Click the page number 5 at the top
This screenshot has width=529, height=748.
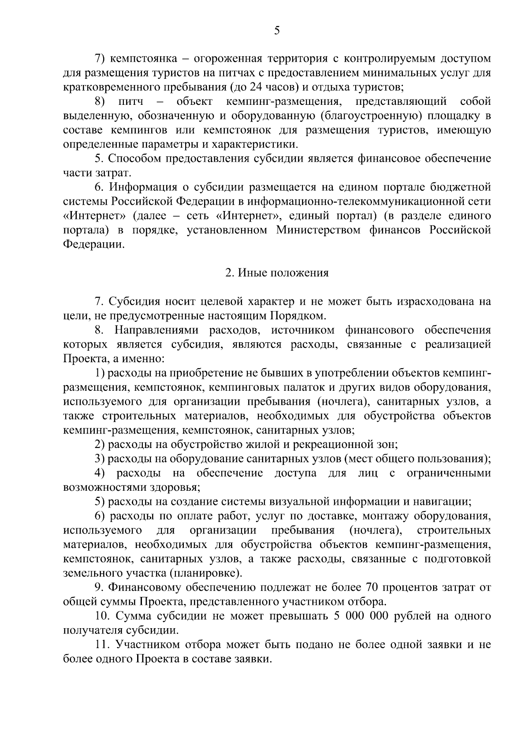coord(277,30)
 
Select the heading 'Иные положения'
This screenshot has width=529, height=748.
coord(283,273)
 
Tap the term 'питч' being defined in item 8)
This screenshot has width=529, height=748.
coord(131,102)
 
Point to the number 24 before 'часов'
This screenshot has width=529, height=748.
coord(256,87)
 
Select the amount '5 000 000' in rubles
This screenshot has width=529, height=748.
coord(358,616)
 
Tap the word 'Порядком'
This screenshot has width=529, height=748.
coord(302,316)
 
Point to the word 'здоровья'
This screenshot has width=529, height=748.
coord(174,488)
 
